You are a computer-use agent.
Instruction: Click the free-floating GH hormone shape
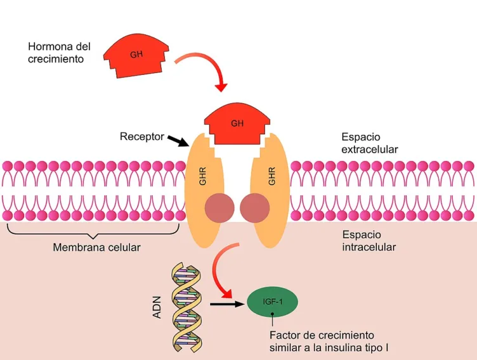136,55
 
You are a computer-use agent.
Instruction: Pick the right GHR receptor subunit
272,190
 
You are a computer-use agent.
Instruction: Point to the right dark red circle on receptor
255,209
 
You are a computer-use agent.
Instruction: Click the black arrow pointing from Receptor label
179,141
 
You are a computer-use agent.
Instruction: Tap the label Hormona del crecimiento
59,53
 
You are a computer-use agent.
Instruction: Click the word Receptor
141,136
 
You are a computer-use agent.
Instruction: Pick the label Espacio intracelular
369,240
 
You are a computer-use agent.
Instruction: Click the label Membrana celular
96,247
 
